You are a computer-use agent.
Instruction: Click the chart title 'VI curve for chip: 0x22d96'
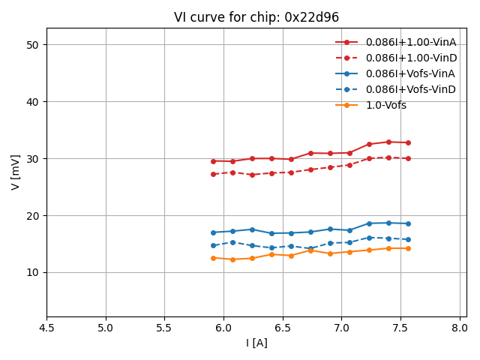point(256,17)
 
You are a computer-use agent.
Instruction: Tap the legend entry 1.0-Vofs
point(385,105)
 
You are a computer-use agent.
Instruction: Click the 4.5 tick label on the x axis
point(46,328)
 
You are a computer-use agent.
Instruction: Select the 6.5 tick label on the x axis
point(282,328)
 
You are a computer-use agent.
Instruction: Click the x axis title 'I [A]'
point(256,343)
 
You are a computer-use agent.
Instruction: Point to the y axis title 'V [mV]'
point(16,172)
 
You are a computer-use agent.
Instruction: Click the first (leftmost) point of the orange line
point(213,258)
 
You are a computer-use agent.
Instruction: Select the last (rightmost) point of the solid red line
point(408,142)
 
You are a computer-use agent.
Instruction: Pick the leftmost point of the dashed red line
point(213,174)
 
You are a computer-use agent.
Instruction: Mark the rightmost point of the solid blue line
point(408,223)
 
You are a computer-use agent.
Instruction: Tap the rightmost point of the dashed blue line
point(408,239)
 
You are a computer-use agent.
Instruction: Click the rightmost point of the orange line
point(408,248)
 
